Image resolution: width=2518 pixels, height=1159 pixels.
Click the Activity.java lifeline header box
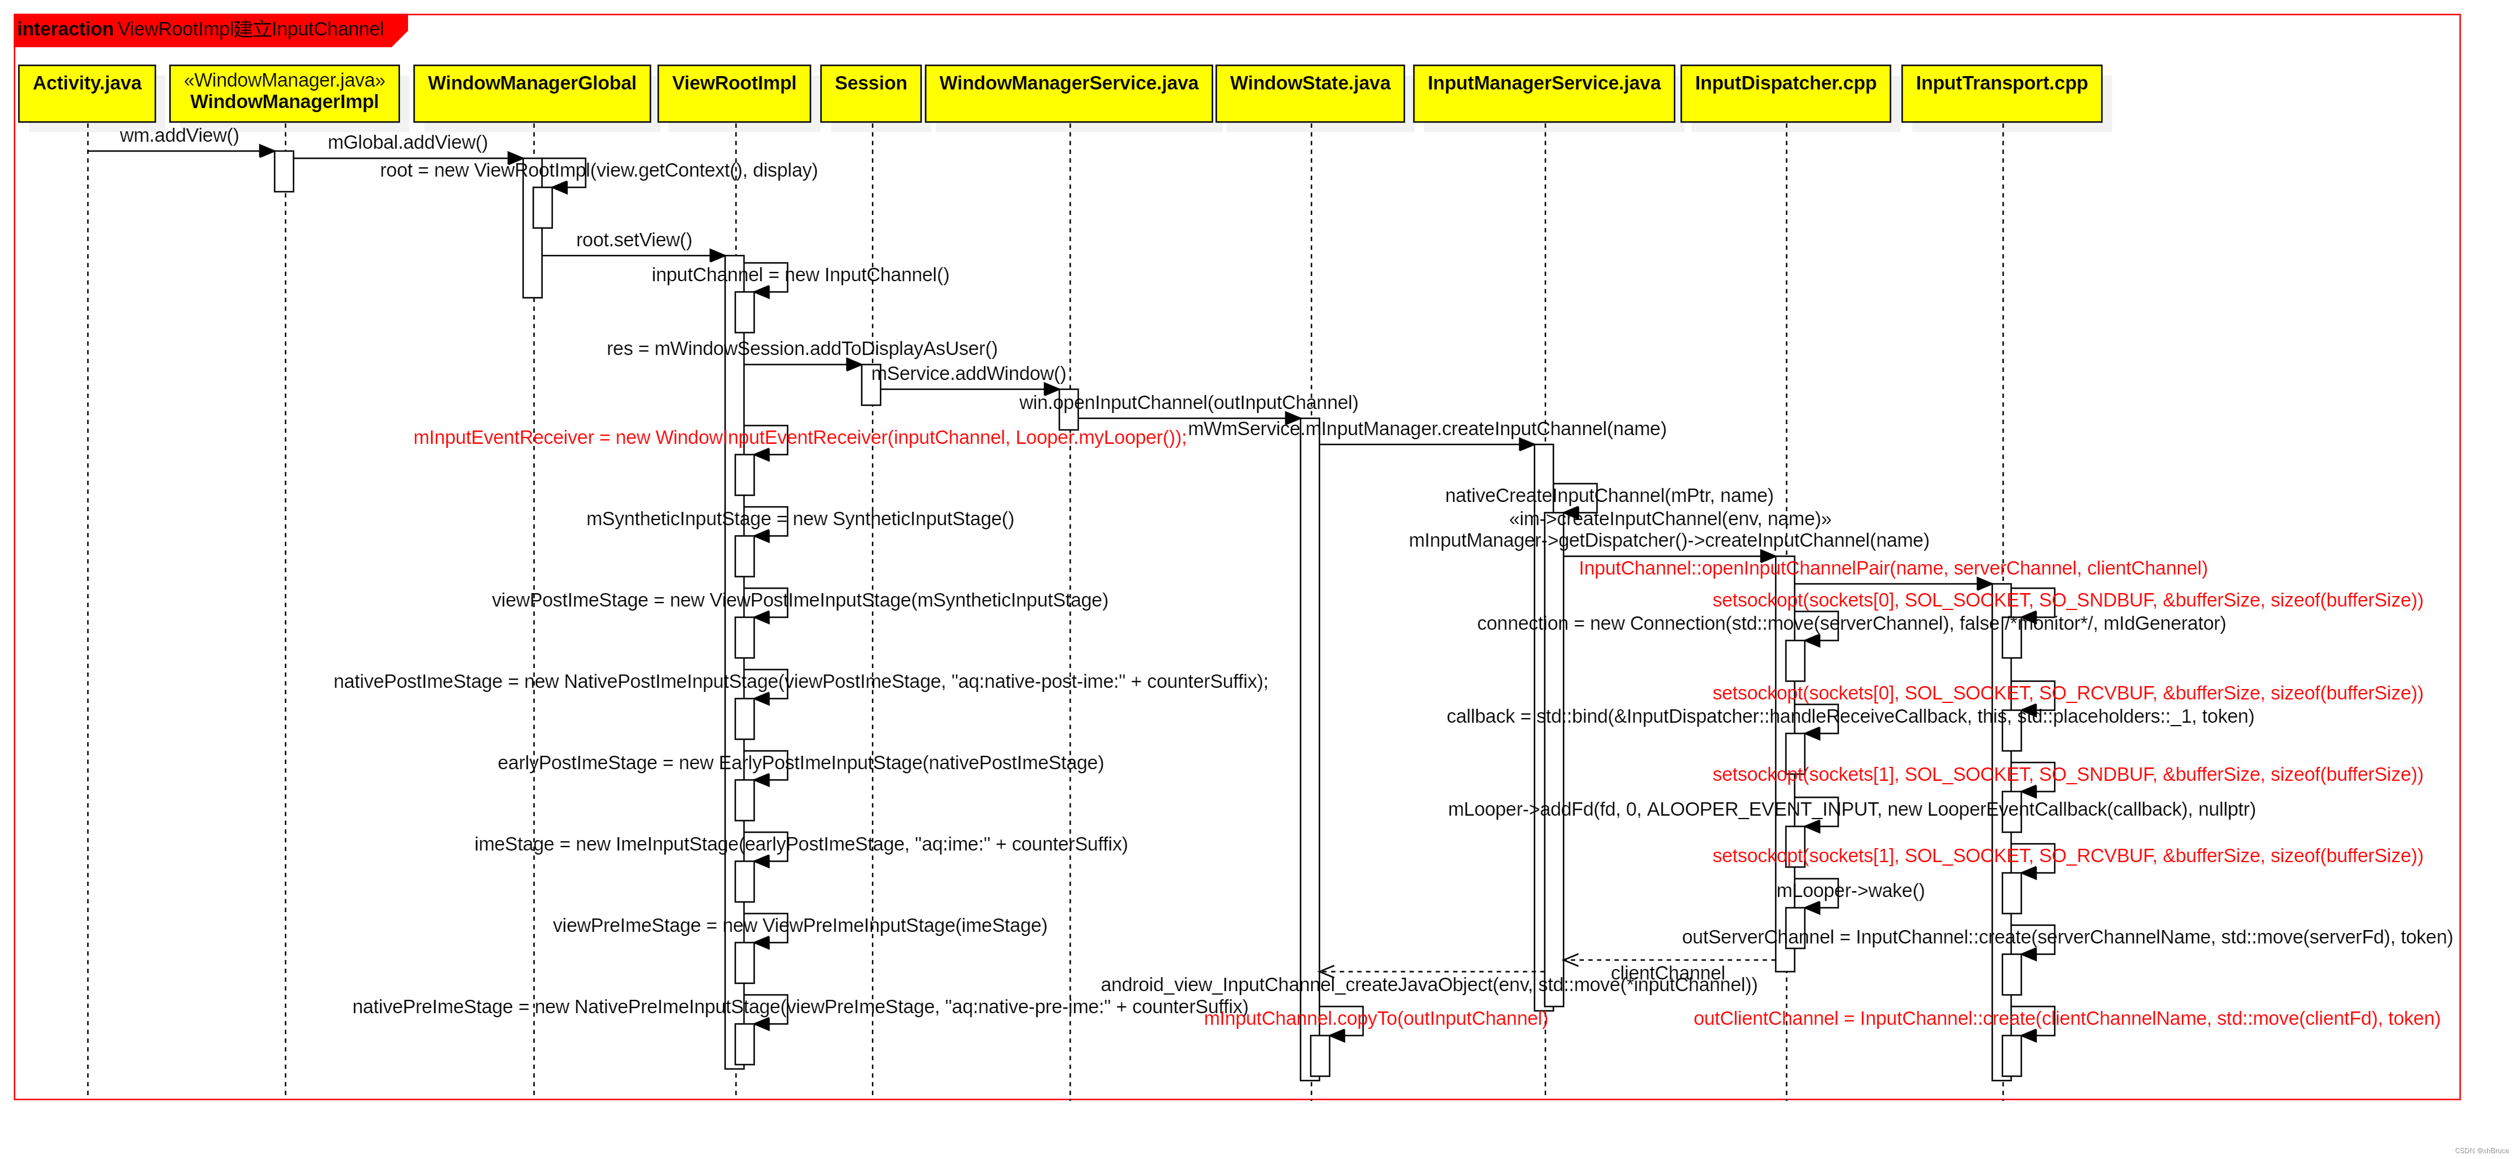(x=87, y=93)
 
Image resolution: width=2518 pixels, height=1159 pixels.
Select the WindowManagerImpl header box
(x=284, y=93)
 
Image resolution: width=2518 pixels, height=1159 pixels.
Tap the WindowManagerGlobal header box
(x=532, y=93)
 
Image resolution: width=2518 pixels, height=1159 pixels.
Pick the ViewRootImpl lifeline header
(x=734, y=93)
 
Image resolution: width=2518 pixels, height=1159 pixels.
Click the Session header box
(x=870, y=93)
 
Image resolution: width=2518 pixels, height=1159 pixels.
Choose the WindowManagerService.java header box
(x=1068, y=93)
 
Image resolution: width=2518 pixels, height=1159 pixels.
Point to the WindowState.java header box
(x=1310, y=93)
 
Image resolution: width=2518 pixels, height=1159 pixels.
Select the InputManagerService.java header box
(x=1543, y=93)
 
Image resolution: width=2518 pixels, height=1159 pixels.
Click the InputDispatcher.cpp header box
(x=1785, y=93)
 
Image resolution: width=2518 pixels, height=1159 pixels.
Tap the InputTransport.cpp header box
(x=2001, y=93)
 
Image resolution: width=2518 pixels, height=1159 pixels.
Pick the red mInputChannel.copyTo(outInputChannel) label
(x=1375, y=1019)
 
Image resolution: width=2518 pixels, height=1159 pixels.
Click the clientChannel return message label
(x=1668, y=973)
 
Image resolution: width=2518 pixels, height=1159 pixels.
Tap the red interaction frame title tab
(x=205, y=29)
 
